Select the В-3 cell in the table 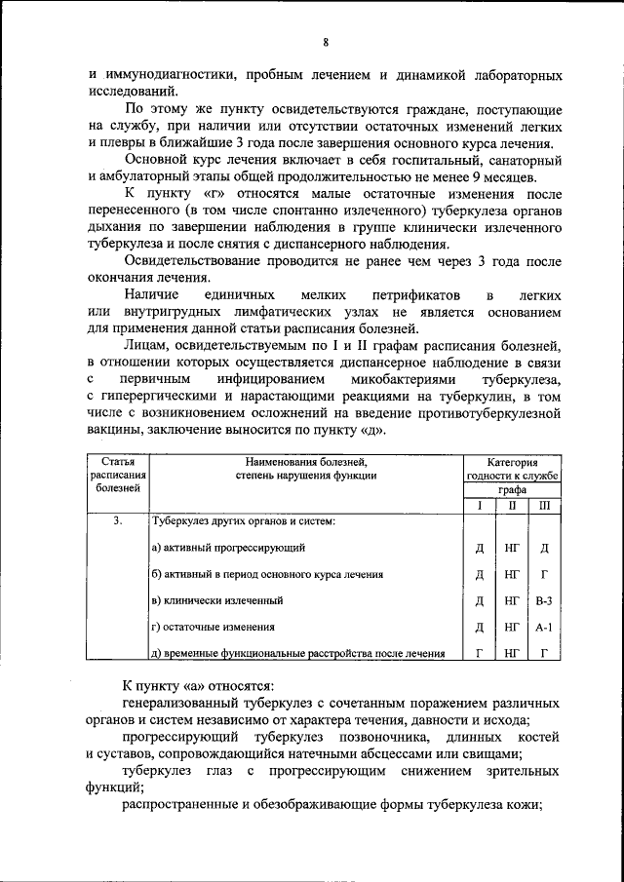pos(543,601)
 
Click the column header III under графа pos(543,506)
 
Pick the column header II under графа pos(511,506)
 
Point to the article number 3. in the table pos(117,521)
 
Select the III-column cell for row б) pos(543,575)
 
